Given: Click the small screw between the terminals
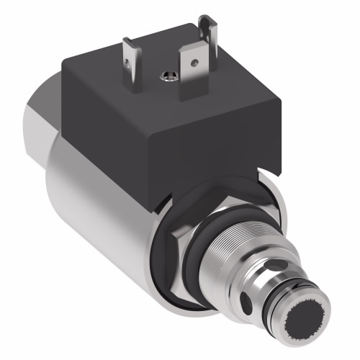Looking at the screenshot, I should pos(169,74).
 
